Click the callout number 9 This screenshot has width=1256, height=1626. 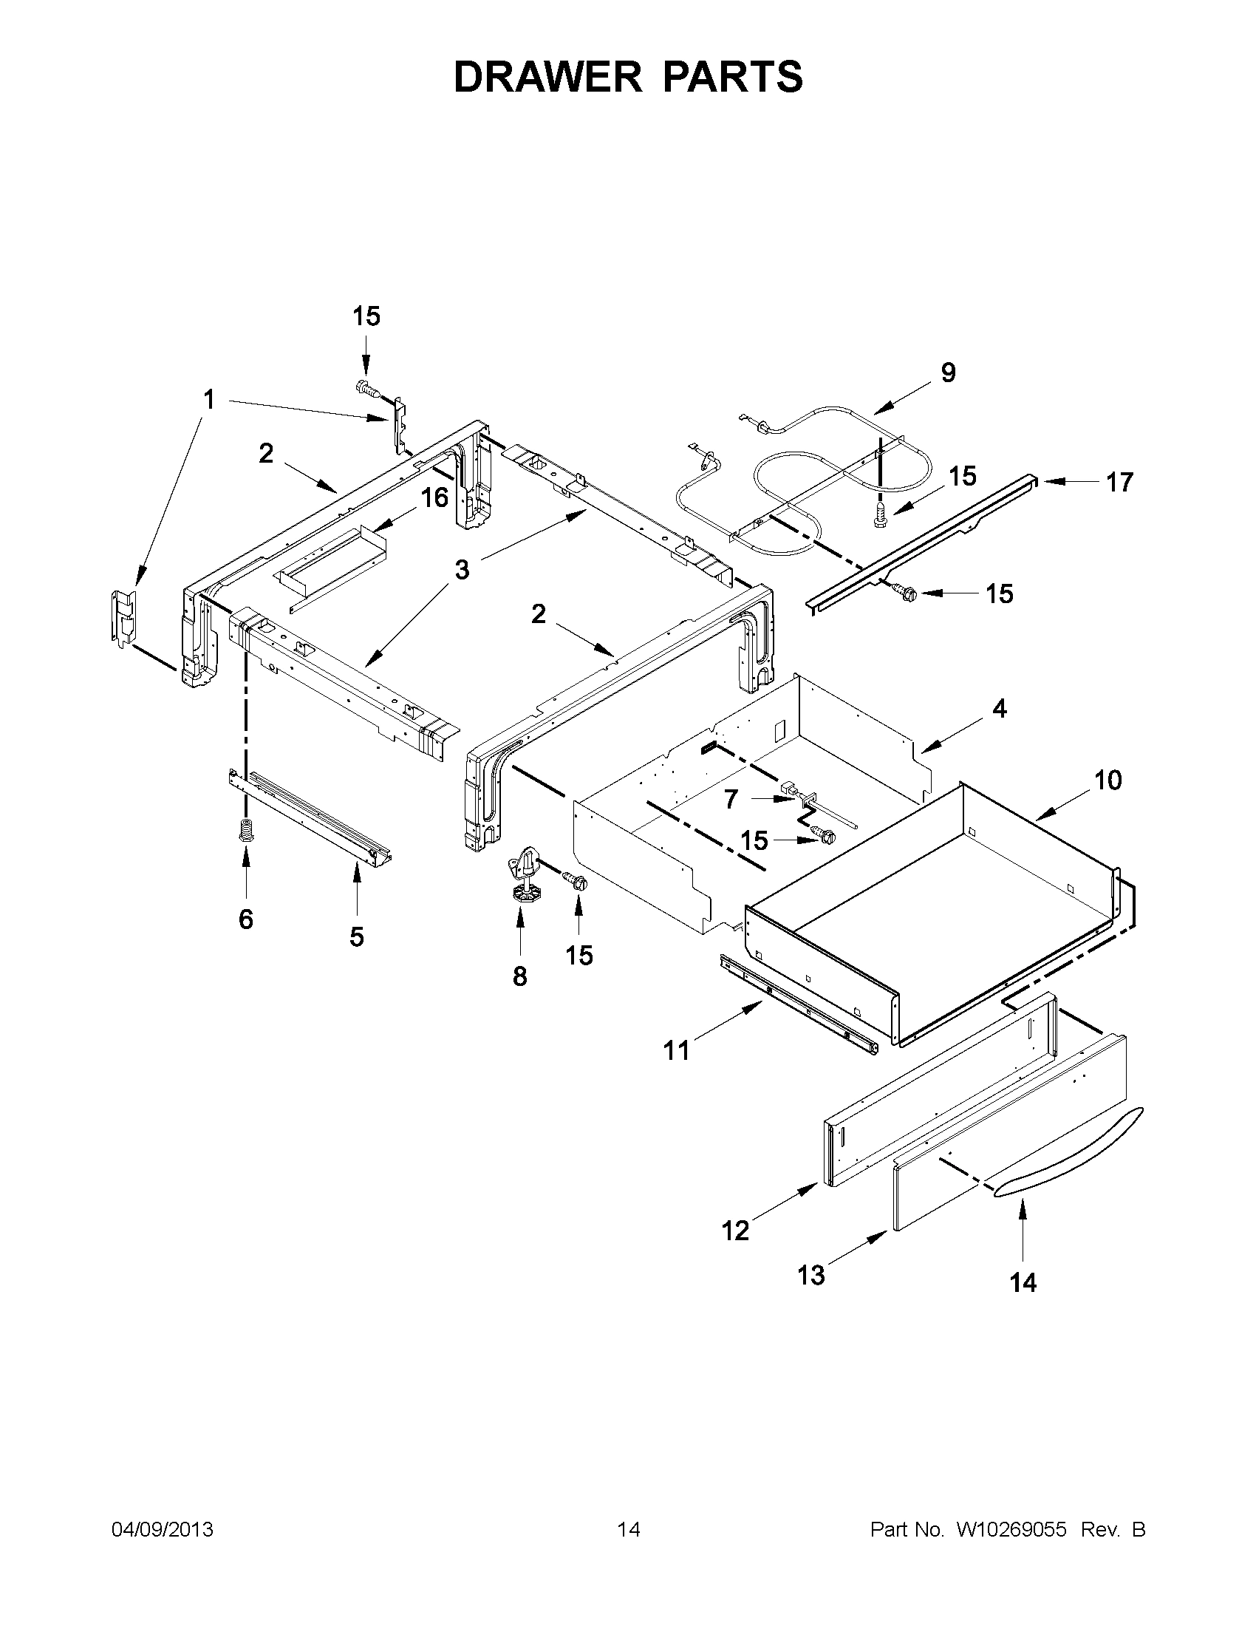[948, 373]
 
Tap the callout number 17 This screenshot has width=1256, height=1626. [1119, 483]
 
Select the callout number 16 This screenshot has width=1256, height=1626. [435, 497]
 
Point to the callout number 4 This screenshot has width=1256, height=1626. [1000, 709]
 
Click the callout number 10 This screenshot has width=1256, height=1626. [1107, 780]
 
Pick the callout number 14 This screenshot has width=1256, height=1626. [1023, 1282]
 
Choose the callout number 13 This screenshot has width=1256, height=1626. [811, 1276]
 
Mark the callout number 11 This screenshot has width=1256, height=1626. [676, 1050]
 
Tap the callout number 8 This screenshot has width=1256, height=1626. [519, 976]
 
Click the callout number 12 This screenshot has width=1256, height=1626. [735, 1231]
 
